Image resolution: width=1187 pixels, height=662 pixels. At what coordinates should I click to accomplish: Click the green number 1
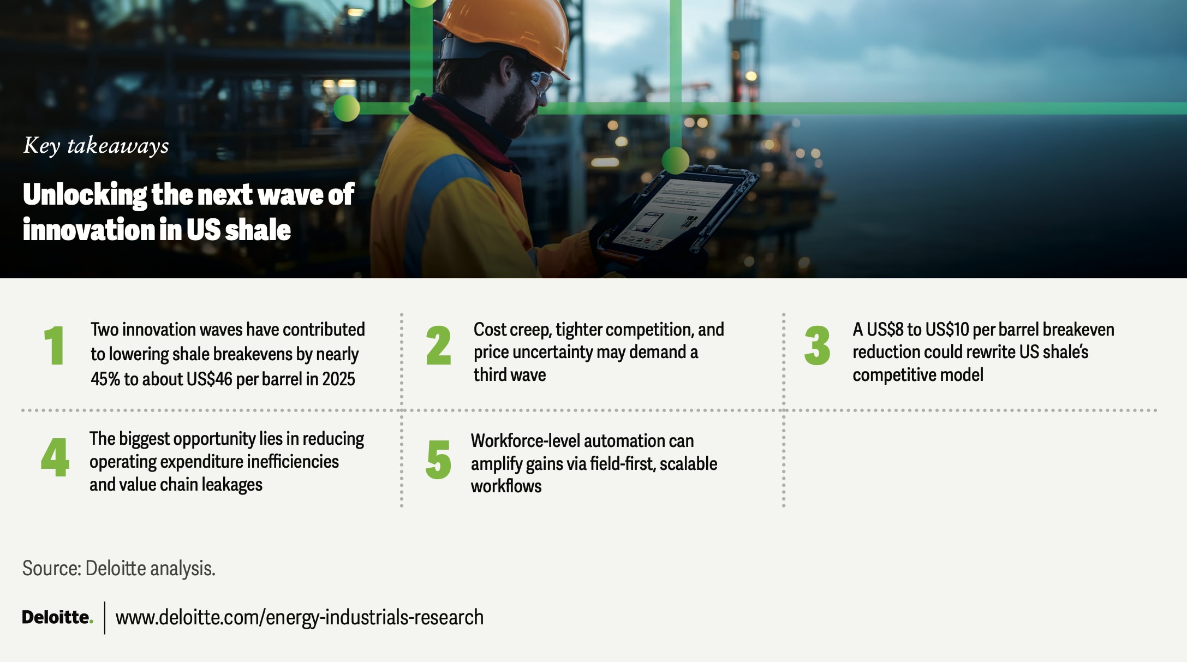[x=55, y=345]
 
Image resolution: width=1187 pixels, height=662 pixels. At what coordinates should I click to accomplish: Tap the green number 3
[x=817, y=345]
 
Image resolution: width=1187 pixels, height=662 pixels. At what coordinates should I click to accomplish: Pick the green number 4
[x=55, y=457]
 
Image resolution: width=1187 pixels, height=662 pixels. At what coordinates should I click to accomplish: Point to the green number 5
[x=438, y=460]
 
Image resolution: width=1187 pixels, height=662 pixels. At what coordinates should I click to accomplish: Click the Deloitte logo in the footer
[x=57, y=617]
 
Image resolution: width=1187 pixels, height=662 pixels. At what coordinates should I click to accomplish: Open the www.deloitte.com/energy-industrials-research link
[x=300, y=617]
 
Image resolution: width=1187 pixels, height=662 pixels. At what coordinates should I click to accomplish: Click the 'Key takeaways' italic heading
[x=96, y=146]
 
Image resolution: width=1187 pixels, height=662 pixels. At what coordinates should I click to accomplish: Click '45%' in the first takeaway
[x=105, y=379]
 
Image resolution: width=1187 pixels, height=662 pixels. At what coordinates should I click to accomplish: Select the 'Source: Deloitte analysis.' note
[x=119, y=568]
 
